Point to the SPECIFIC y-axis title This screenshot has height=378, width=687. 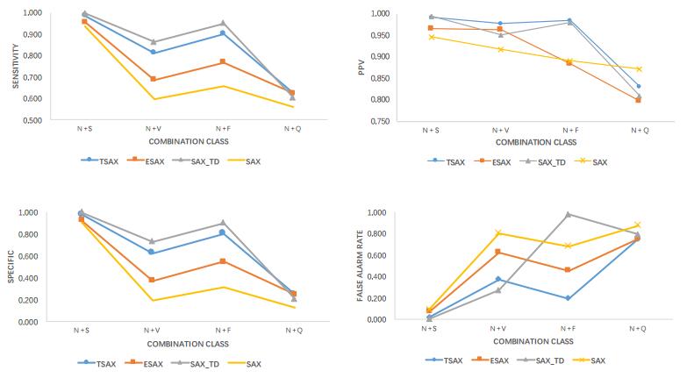(11, 267)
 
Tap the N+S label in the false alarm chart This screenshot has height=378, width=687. (429, 329)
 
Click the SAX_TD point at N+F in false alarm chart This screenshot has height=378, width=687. (569, 214)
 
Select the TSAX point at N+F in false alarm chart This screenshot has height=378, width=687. (569, 298)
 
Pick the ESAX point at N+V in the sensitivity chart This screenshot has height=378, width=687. (154, 79)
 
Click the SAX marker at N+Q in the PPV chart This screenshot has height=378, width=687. (639, 68)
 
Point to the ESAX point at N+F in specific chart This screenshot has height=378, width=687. (223, 261)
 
